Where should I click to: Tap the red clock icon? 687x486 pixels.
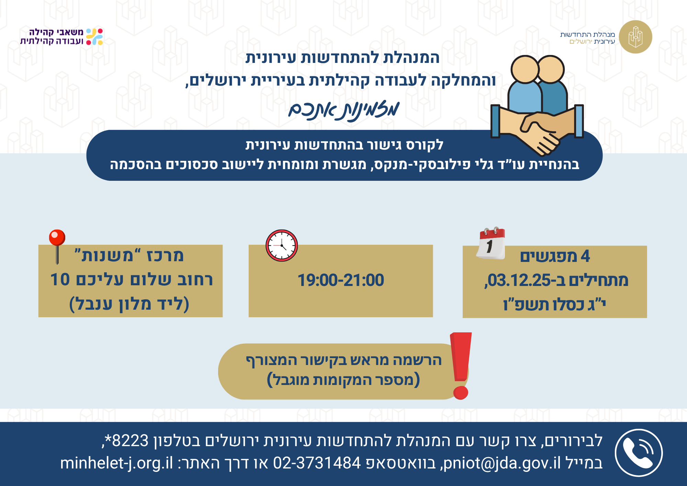tap(282, 245)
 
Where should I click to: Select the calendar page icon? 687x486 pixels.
tap(491, 243)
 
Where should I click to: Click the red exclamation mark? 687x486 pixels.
tap(461, 366)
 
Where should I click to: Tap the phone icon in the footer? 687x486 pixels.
tap(639, 453)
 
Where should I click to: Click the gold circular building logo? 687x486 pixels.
tap(635, 37)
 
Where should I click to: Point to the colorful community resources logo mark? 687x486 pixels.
tap(94, 37)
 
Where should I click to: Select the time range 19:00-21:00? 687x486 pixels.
tap(341, 280)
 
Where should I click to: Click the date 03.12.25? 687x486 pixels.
tap(519, 280)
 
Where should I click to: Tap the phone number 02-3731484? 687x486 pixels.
tap(317, 463)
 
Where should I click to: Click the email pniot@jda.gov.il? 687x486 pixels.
tap(502, 463)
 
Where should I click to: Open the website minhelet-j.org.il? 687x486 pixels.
tap(117, 463)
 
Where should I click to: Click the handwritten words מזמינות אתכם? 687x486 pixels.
tap(344, 111)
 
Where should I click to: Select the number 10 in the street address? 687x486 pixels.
tap(60, 279)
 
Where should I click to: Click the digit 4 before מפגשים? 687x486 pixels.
tap(585, 256)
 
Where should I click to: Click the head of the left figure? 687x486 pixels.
tap(525, 69)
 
